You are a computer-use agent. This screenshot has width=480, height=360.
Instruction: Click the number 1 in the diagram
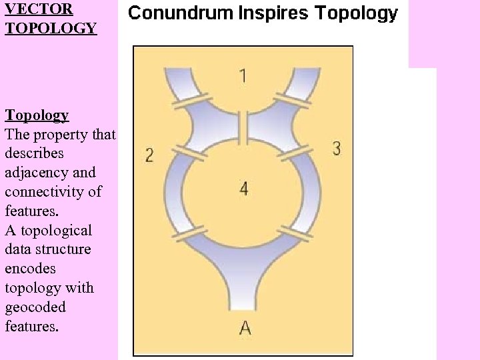243,75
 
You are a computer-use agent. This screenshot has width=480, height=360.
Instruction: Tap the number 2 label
149,155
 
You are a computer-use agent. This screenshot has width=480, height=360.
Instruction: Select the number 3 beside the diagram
337,148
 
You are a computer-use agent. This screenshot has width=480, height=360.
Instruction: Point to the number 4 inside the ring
244,189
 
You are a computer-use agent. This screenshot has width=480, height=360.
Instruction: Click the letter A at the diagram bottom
245,327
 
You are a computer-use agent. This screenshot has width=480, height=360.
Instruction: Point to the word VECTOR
39,9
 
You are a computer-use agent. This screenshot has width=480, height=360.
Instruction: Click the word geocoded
35,307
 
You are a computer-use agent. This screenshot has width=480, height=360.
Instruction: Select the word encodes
31,269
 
